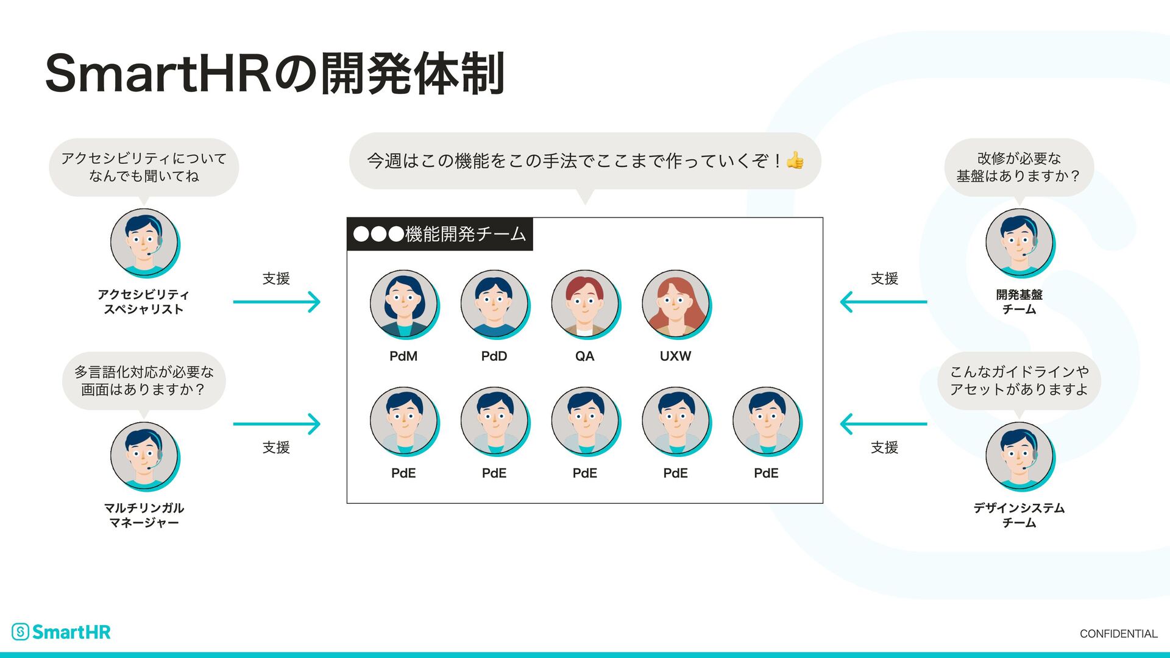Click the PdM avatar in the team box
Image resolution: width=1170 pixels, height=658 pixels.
pyautogui.click(x=403, y=303)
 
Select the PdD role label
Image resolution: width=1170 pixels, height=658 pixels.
pyautogui.click(x=494, y=356)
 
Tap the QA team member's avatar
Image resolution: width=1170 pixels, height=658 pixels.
pyautogui.click(x=584, y=303)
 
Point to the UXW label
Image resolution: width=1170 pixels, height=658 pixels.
pyautogui.click(x=675, y=356)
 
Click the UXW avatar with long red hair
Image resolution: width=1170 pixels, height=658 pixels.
pyautogui.click(x=675, y=303)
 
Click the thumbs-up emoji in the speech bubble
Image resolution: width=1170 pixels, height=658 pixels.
pyautogui.click(x=795, y=161)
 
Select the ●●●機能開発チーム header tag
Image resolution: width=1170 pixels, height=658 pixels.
pyautogui.click(x=439, y=234)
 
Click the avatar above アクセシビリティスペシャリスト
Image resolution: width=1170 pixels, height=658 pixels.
pyautogui.click(x=144, y=242)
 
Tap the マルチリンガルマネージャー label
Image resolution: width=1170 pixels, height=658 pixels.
pyautogui.click(x=144, y=515)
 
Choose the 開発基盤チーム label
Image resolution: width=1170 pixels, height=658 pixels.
pyautogui.click(x=1019, y=302)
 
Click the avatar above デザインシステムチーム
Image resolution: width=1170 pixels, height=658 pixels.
pyautogui.click(x=1019, y=456)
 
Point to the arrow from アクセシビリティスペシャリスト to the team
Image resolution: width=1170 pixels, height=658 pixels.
pyautogui.click(x=277, y=302)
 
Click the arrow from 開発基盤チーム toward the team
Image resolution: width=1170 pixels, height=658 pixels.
pyautogui.click(x=884, y=302)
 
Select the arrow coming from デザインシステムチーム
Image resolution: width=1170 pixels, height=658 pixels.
pyautogui.click(x=884, y=424)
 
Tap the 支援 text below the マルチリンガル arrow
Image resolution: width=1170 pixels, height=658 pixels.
pyautogui.click(x=276, y=448)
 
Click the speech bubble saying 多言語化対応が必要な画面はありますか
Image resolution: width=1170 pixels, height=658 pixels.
pyautogui.click(x=144, y=381)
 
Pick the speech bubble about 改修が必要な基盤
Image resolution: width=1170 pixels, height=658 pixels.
pyautogui.click(x=1019, y=168)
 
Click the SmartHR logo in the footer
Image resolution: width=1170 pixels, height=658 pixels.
pyautogui.click(x=62, y=632)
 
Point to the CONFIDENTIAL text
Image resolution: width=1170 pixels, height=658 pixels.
pyautogui.click(x=1118, y=634)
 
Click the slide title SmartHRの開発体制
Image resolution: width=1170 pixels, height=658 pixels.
pyautogui.click(x=275, y=74)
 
